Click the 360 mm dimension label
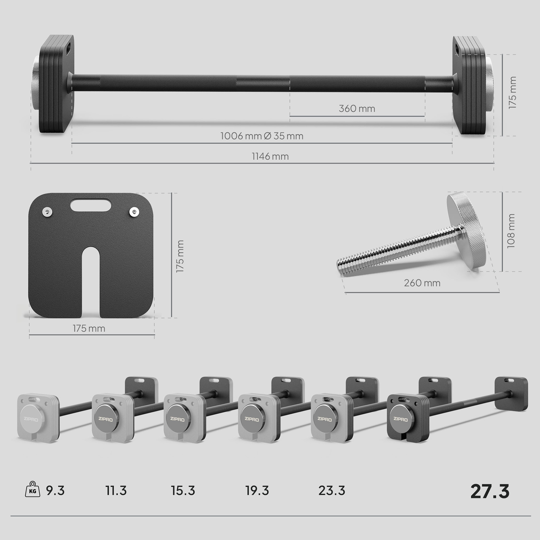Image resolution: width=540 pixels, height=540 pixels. tap(357, 109)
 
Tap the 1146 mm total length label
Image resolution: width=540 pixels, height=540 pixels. tap(270, 156)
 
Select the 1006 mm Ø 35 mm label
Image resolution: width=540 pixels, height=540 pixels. tap(262, 136)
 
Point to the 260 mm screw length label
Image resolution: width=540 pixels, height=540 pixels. tap(422, 283)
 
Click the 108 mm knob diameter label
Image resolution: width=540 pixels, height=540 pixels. tap(511, 231)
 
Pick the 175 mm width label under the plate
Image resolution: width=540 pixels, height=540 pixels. tap(89, 328)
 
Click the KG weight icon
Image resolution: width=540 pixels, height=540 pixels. tap(32, 489)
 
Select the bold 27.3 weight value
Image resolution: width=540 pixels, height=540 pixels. tap(490, 491)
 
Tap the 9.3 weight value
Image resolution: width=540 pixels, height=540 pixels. tap(55, 491)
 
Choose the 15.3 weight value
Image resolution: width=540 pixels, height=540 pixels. tap(183, 491)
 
